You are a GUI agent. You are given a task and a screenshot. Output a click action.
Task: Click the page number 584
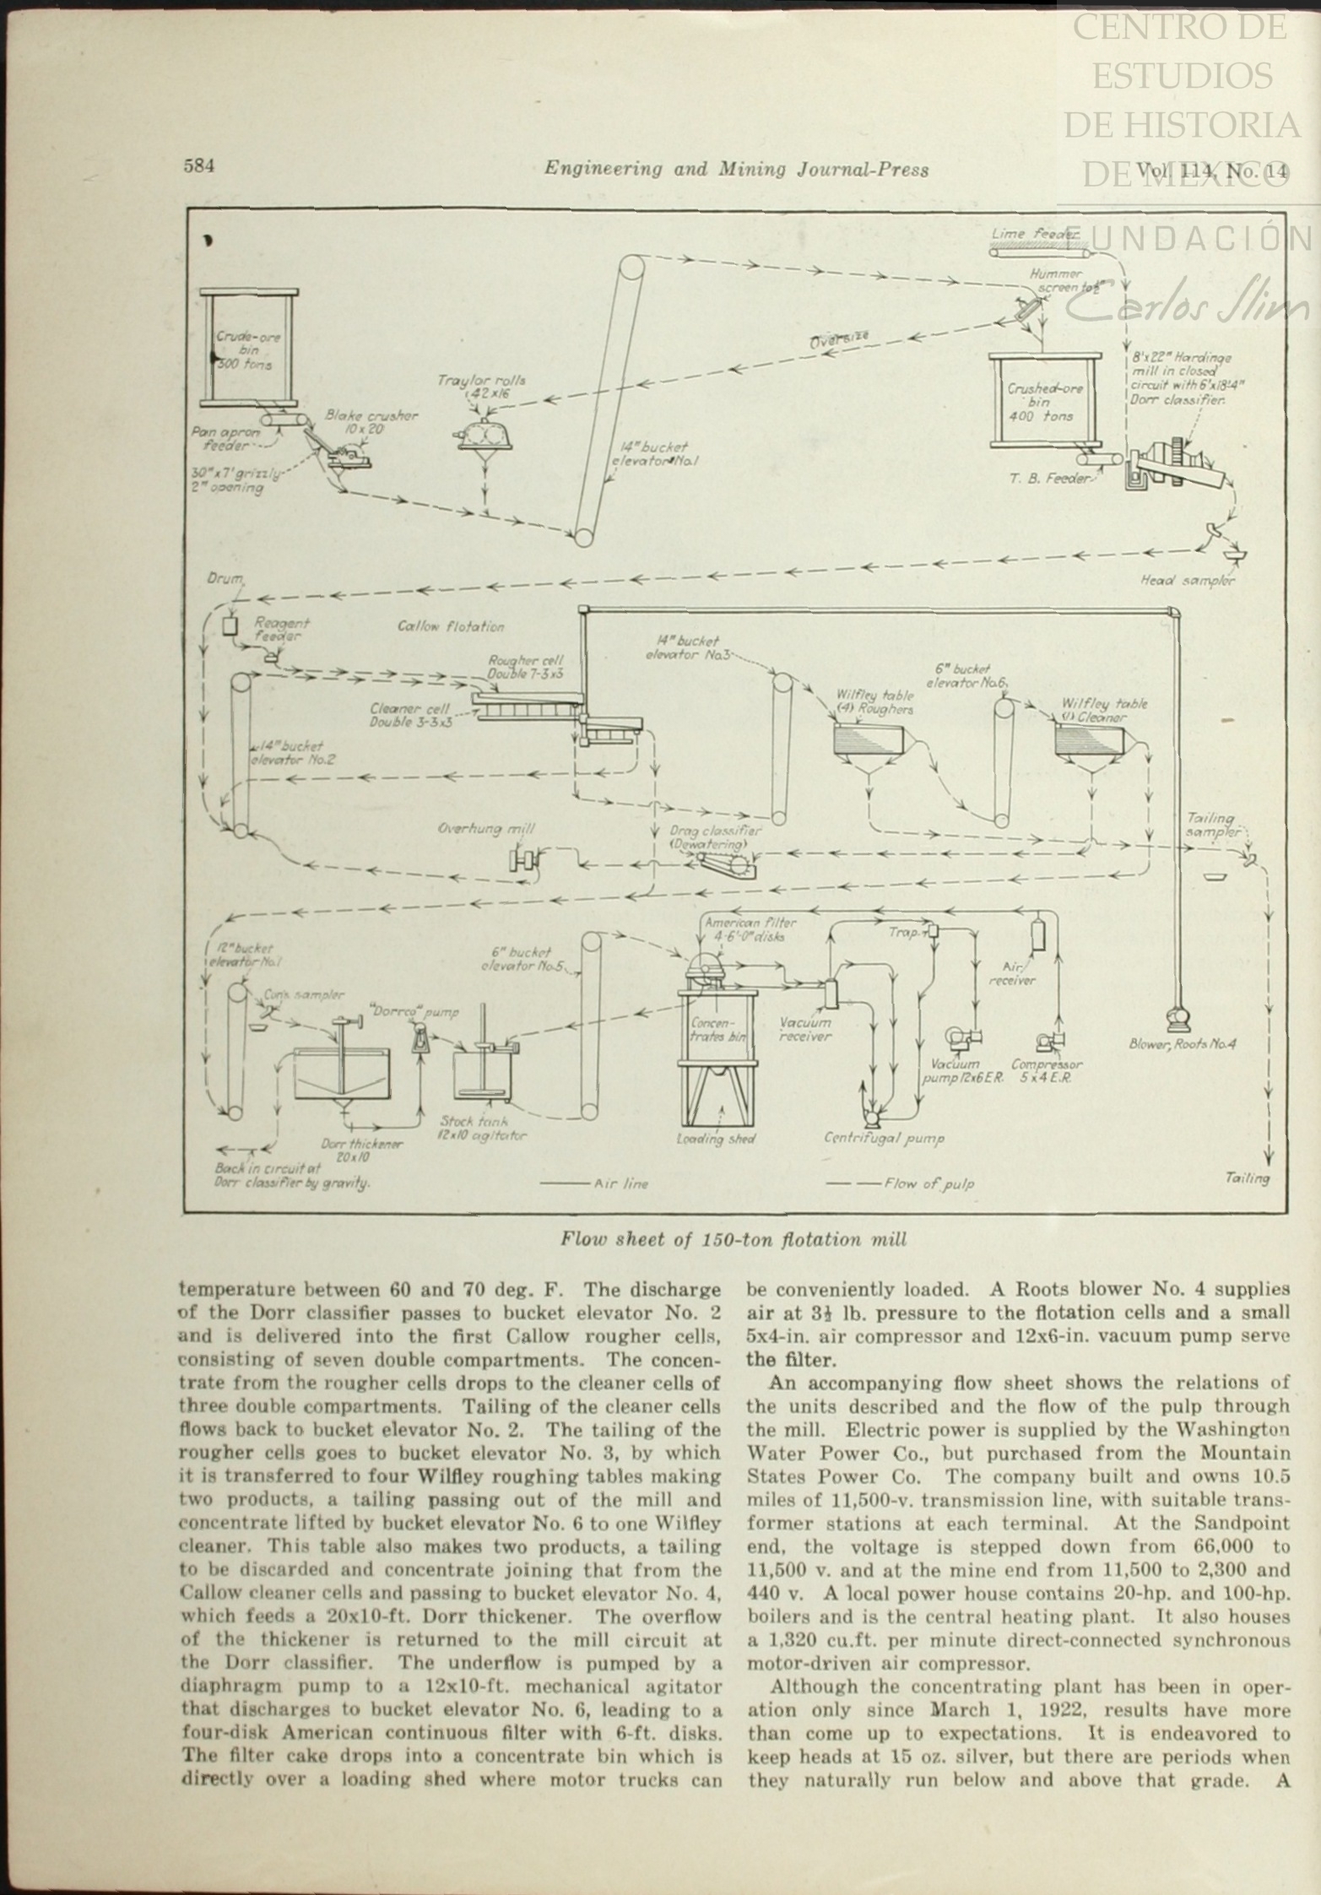pos(199,166)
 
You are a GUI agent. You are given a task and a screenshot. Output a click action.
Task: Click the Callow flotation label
pos(451,626)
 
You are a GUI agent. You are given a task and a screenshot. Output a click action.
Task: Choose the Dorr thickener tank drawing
pos(342,1073)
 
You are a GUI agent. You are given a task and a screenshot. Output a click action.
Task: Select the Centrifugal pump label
pos(884,1138)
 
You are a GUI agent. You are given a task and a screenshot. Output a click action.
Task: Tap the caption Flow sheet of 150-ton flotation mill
pos(734,1240)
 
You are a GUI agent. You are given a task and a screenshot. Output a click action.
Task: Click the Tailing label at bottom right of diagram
pos(1246,1178)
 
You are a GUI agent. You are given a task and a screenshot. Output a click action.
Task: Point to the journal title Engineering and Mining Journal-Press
pos(736,170)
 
